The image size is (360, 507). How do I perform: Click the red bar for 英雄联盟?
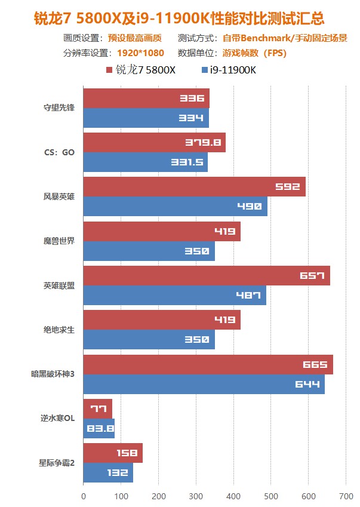point(206,276)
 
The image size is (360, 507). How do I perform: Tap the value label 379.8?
point(208,143)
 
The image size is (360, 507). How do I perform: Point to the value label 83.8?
point(98,429)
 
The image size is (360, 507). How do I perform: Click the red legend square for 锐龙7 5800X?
point(109,70)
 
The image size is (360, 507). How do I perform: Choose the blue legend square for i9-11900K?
point(205,70)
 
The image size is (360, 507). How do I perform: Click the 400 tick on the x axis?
point(233,496)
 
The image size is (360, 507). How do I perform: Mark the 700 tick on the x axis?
point(346,496)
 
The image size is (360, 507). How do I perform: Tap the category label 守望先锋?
point(59,108)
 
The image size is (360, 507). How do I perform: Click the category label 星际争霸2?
point(57,463)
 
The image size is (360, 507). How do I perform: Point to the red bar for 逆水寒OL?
point(97,409)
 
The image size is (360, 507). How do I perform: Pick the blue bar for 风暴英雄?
point(175,206)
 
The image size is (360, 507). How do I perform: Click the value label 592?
point(287,187)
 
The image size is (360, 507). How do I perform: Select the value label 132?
point(117,473)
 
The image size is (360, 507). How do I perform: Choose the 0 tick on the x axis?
point(84,496)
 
